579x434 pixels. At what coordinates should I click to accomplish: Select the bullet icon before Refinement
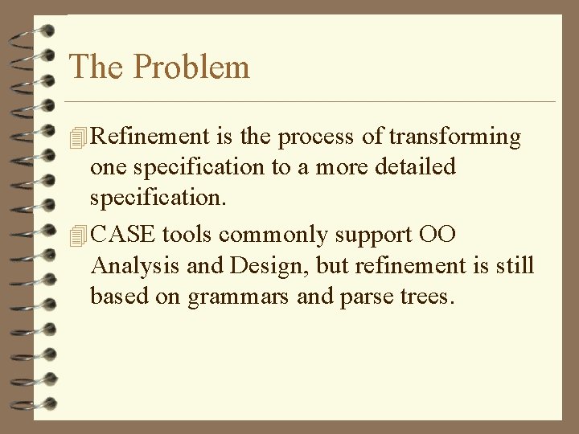pyautogui.click(x=77, y=139)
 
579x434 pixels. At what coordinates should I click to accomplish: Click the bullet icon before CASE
pyautogui.click(x=77, y=236)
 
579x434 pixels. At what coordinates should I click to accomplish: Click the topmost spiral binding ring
pyautogui.click(x=32, y=30)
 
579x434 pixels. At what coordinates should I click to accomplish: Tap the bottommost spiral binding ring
pyautogui.click(x=32, y=404)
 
